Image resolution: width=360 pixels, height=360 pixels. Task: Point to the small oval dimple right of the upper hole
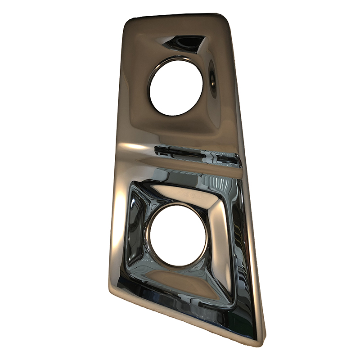(x=212, y=80)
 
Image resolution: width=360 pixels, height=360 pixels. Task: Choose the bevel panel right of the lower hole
(x=223, y=238)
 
